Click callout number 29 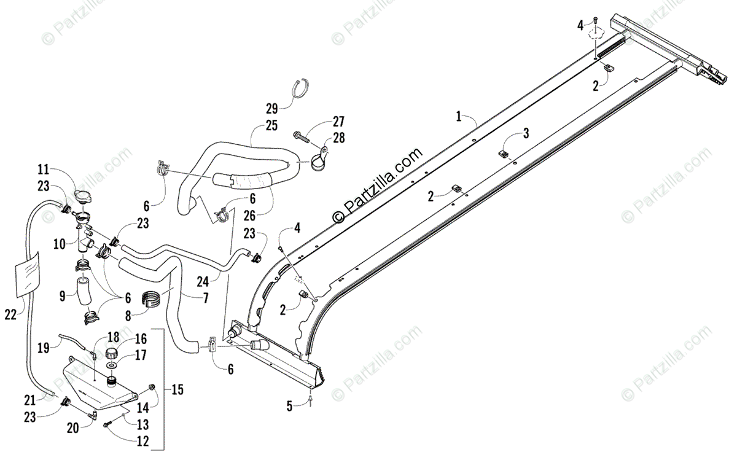click(271, 109)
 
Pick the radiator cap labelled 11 click(83, 196)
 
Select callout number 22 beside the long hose click(10, 314)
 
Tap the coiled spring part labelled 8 click(157, 297)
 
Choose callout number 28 click(339, 139)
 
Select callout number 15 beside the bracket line click(178, 389)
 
